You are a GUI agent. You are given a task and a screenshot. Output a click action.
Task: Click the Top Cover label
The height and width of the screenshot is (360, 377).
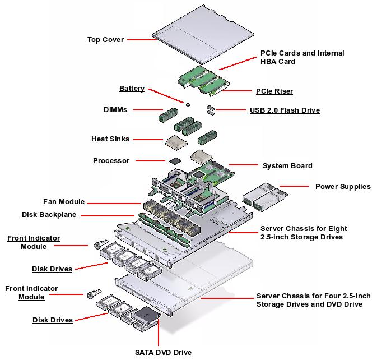[x=105, y=40]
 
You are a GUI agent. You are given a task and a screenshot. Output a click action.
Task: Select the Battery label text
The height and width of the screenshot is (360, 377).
[x=132, y=89]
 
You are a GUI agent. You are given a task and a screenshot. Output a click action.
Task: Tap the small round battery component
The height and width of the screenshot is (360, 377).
[x=188, y=104]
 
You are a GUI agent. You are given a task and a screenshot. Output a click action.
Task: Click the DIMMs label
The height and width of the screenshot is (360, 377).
[x=115, y=110]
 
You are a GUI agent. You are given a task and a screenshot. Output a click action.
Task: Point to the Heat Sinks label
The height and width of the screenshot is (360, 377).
[x=110, y=139]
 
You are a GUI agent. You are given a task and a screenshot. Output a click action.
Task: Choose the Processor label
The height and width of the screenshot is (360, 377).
[x=111, y=161]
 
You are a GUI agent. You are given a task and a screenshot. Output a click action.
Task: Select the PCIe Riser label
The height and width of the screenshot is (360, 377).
[x=274, y=91]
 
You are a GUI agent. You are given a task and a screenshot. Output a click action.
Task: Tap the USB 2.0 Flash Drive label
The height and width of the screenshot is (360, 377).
[x=285, y=110]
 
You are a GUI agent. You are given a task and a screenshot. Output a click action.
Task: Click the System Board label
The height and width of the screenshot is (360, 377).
[x=287, y=166]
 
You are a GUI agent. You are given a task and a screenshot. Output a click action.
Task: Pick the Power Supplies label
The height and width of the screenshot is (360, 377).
[x=343, y=187]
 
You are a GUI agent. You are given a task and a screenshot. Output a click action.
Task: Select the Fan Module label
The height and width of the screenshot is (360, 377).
[x=64, y=202]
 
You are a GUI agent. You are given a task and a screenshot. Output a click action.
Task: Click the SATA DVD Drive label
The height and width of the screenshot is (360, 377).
[x=163, y=353]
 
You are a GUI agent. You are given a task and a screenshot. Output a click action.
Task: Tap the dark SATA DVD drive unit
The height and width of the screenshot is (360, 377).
[x=146, y=317]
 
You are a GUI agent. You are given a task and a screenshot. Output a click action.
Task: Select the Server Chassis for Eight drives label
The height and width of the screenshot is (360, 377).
[x=303, y=233]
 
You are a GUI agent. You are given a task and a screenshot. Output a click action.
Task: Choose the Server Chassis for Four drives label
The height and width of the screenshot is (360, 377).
[x=309, y=300]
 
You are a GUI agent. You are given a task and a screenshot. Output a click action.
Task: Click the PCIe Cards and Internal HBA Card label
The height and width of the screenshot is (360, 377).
[x=302, y=57]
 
